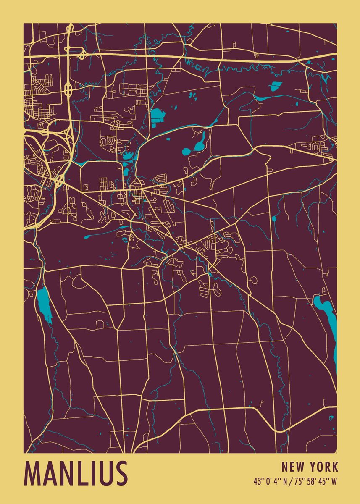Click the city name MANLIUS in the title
coord(76,473)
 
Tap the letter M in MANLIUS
coord(34,473)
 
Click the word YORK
coord(324,467)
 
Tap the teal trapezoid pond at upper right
coord(275,86)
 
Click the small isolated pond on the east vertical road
coord(274,219)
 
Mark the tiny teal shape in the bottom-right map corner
coord(331,418)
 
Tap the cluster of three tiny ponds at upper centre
coord(193,96)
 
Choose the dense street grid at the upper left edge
coord(40,101)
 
